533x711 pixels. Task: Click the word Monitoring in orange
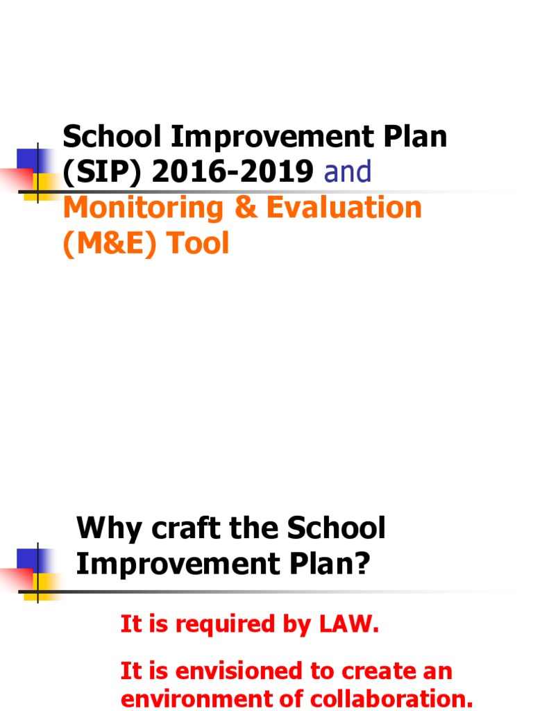tap(145, 208)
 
